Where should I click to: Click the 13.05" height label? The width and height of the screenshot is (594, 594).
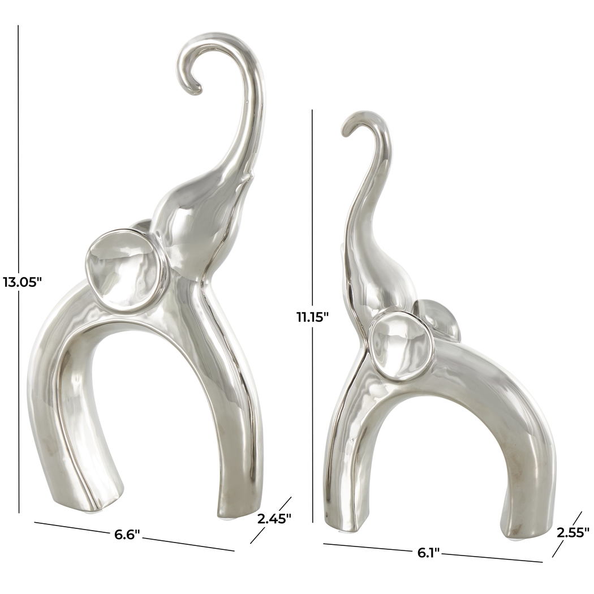coord(23,282)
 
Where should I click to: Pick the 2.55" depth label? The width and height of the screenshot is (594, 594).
coord(573,531)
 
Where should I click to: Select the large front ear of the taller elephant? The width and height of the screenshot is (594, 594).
coord(126,270)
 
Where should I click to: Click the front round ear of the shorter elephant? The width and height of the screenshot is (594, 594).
coord(402,345)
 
